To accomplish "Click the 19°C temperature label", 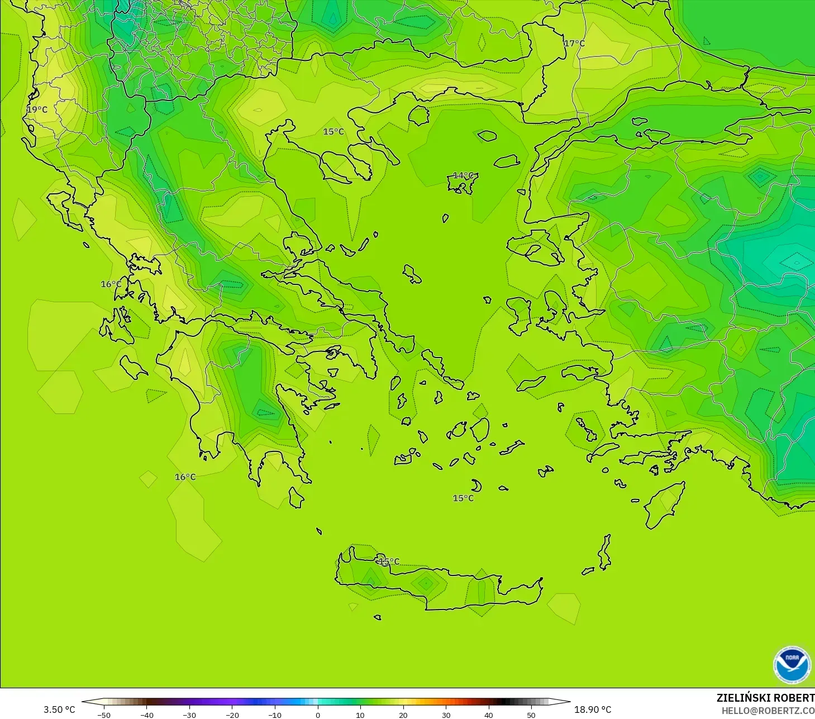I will [37, 109].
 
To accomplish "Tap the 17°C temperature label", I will [574, 44].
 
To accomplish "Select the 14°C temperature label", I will [463, 175].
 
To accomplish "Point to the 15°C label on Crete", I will [389, 561].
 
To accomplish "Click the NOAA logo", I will [792, 665].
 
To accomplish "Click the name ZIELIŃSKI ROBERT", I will [765, 698].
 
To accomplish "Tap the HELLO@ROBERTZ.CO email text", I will [768, 711].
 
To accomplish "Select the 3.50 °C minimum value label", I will [59, 710].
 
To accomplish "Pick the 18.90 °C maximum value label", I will [593, 710].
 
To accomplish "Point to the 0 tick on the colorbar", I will [318, 715].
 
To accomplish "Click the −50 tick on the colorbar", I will [103, 715].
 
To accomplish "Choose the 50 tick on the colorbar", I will [531, 715].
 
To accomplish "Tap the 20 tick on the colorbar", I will [403, 715].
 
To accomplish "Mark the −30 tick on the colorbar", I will [189, 715].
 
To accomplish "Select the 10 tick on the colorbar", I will [360, 715].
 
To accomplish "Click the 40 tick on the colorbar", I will [489, 715].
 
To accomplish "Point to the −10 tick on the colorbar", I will [274, 715].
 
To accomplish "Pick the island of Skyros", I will [412, 274].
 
